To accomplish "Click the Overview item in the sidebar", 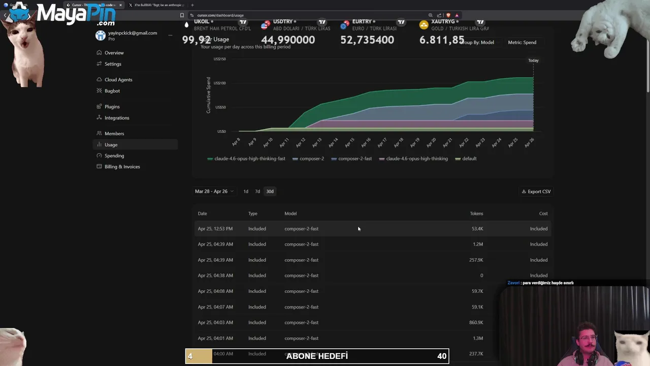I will (114, 53).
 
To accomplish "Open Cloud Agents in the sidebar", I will (118, 80).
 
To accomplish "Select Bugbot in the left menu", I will (112, 91).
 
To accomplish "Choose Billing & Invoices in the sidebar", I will (122, 167).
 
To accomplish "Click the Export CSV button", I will (536, 192).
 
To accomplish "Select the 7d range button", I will (257, 192).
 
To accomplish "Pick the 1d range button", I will (246, 192).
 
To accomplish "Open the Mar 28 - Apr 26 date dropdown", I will (214, 192).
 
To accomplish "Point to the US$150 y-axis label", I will (220, 59).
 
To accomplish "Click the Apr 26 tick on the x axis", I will (529, 143).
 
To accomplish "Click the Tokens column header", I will (476, 213).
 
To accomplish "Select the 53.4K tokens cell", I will (477, 229).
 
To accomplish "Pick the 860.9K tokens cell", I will (476, 323).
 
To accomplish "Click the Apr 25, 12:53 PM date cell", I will (215, 229).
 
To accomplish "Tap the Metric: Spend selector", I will (522, 43).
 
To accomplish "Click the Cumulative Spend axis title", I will (208, 95).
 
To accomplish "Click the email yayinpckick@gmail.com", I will (133, 33).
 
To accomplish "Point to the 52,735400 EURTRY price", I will (367, 40).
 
